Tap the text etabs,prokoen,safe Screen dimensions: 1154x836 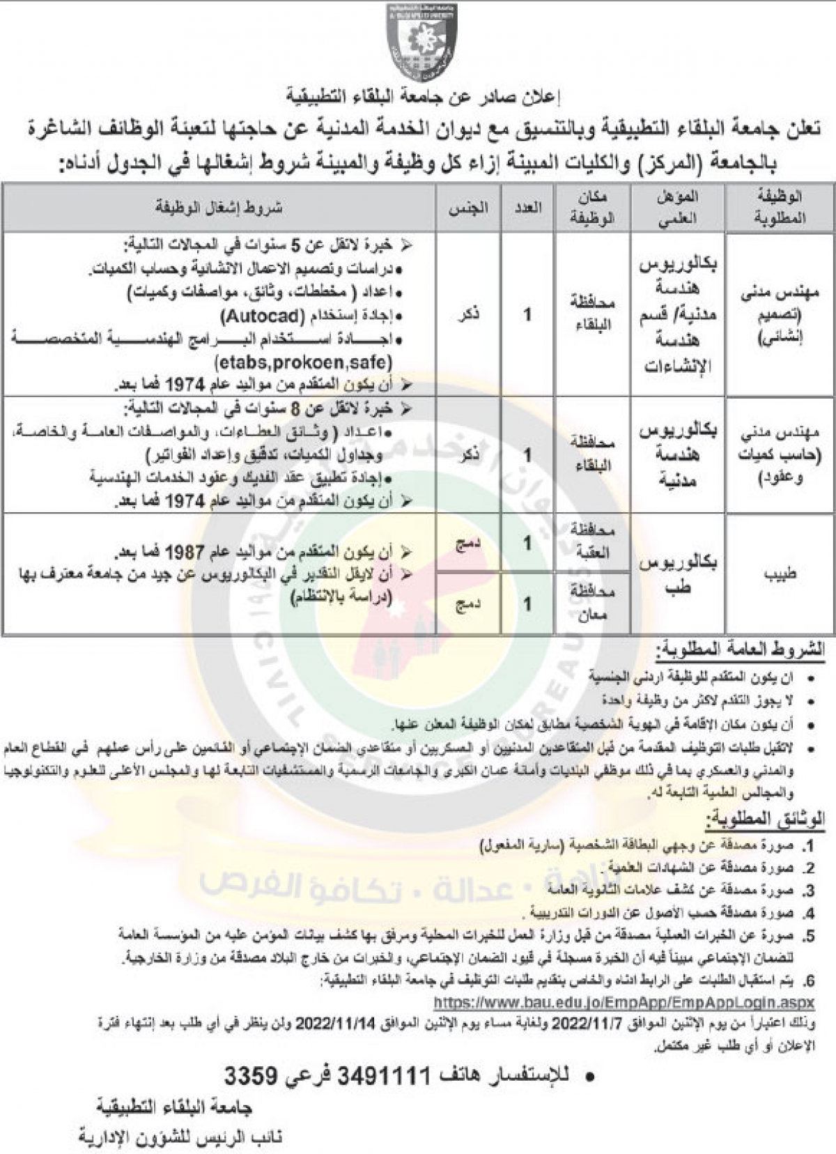click(x=304, y=362)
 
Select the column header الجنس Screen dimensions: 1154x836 click(x=469, y=208)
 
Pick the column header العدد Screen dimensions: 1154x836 click(x=527, y=208)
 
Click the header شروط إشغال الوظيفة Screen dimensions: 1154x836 click(x=219, y=208)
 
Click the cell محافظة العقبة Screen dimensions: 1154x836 click(x=592, y=543)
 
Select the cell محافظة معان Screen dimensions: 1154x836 click(x=592, y=603)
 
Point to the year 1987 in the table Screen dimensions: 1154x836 click(x=184, y=553)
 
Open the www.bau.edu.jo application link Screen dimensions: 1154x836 click(x=624, y=1003)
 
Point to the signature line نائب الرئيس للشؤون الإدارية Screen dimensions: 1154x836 click(x=181, y=1137)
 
